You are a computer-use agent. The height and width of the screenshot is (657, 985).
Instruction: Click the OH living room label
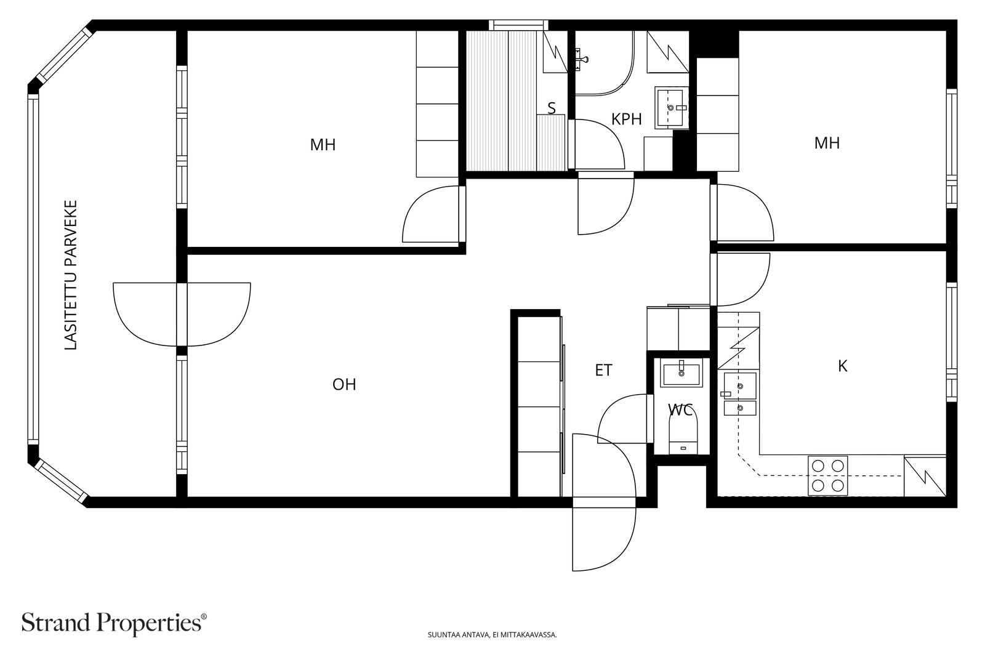pos(344,384)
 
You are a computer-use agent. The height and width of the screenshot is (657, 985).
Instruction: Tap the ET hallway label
pos(603,370)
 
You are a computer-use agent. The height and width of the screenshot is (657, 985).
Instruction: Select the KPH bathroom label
pos(627,119)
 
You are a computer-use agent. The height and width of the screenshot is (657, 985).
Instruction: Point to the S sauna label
pos(552,108)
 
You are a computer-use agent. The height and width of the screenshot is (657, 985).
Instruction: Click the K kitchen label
pos(843,366)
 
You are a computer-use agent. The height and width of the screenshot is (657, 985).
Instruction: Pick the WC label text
pos(680,410)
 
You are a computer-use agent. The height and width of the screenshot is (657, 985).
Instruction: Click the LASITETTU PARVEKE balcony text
pos(71,275)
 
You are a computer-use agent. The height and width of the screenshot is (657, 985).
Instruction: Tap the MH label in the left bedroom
pos(323,145)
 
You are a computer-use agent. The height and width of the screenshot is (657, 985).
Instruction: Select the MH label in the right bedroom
pos(827,143)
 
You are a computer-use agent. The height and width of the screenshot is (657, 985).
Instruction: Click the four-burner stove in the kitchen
pos(827,476)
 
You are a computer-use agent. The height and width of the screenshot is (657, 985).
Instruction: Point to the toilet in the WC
pos(683,435)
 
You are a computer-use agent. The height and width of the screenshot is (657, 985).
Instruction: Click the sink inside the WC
pos(681,374)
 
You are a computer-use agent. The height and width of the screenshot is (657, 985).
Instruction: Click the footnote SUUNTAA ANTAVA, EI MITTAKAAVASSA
pos(492,635)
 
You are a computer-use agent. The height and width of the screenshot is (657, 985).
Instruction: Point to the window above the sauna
pos(519,25)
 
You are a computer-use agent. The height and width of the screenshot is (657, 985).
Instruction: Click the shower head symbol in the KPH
pos(581,59)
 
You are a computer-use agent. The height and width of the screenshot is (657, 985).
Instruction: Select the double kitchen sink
pos(740,394)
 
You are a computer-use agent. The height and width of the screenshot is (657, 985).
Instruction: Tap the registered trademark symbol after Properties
pos(203,616)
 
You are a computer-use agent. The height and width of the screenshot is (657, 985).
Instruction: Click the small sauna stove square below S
pos(551,142)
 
